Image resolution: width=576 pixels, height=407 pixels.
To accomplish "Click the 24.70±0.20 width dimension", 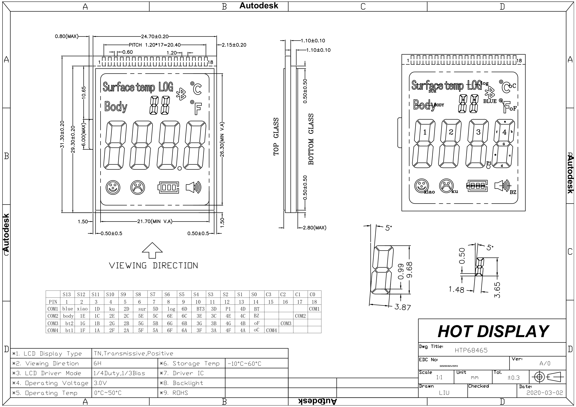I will point(155,37).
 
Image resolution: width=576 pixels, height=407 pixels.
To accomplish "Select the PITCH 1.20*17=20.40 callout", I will point(154,45).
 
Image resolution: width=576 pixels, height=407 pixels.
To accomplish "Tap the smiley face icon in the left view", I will point(113,187).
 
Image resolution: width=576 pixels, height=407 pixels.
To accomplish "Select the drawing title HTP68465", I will point(471,350).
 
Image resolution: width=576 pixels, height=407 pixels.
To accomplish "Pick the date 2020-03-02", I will point(544,393).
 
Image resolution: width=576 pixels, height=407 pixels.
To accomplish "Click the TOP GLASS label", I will point(276,137).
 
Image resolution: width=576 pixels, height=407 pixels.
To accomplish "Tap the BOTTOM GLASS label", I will point(311,139).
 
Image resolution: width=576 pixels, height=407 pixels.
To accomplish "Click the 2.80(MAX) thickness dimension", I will point(314,228).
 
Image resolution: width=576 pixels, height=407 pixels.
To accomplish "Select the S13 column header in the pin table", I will point(67,294).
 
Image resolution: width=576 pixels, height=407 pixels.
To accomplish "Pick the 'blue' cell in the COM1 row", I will point(67,309).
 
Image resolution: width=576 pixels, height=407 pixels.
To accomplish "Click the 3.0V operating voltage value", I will point(100,383).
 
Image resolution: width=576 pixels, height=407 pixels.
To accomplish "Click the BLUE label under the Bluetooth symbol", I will point(490,101).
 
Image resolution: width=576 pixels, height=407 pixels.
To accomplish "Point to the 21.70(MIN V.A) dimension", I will point(155,221).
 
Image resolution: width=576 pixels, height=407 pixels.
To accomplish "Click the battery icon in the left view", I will point(168,187).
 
